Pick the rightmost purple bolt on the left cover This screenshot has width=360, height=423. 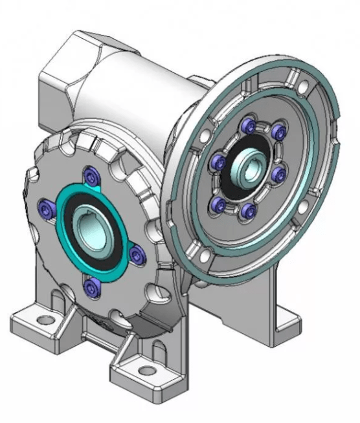tap(135, 255)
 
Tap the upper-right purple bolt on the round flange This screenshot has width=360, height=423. tap(278, 133)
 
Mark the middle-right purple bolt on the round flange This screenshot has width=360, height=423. tap(280, 173)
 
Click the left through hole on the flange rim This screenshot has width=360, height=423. tap(204, 136)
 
